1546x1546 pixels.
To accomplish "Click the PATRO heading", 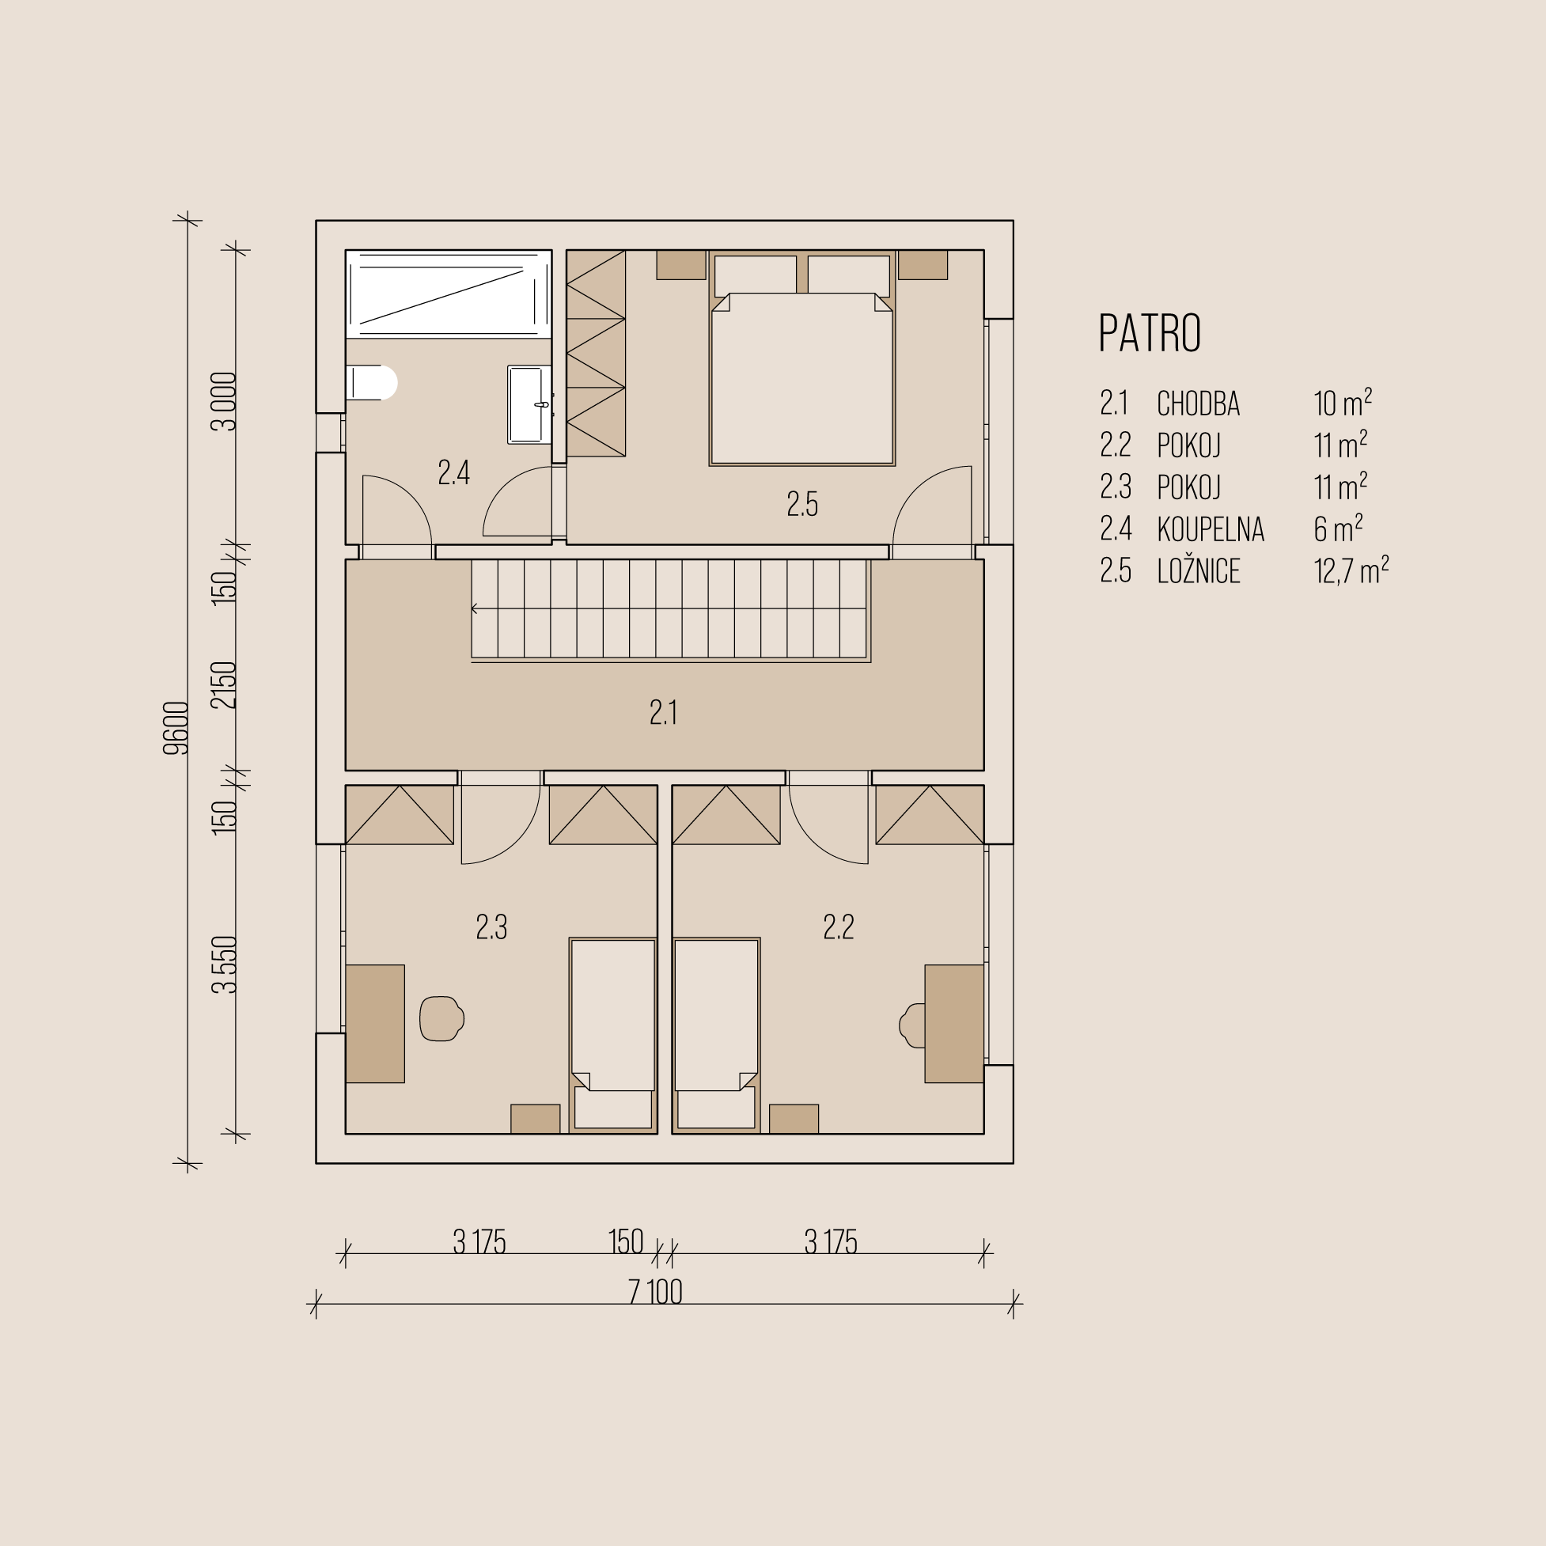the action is coord(1149,333).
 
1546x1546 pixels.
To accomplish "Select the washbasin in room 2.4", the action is coord(530,405).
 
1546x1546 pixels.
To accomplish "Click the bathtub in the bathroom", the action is coord(449,294).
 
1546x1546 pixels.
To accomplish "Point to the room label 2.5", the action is coord(801,504).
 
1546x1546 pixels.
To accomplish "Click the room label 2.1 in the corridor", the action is coord(663,712).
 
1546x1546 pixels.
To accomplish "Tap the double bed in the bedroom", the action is coord(801,359).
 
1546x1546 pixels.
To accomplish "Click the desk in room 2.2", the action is coord(954,1024).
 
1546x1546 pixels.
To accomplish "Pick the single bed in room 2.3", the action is coord(613,1035).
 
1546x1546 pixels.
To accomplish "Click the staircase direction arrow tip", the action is coord(472,609).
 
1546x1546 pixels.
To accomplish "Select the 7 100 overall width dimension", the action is coord(655,1292).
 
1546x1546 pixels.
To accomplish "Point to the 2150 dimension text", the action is coord(225,685).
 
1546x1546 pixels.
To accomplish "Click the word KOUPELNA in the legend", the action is coord(1210,529).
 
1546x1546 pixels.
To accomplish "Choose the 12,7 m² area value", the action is coord(1351,570).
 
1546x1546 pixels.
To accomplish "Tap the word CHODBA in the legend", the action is coord(1198,404).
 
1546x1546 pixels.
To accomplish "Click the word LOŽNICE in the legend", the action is coord(1198,570).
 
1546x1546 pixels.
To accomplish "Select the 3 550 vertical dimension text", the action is coord(225,964).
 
